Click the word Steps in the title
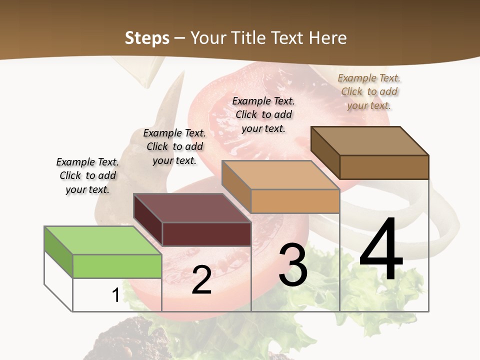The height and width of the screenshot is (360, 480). pyautogui.click(x=147, y=38)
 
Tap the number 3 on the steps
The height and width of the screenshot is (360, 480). pyautogui.click(x=293, y=264)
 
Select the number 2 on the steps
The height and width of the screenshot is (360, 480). pyautogui.click(x=201, y=280)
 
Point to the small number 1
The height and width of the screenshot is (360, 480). pyautogui.click(x=115, y=295)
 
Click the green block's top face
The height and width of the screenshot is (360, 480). pyautogui.click(x=102, y=240)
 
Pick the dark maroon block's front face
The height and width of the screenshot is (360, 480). pyautogui.click(x=206, y=234)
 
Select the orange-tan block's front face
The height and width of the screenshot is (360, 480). pyautogui.click(x=295, y=201)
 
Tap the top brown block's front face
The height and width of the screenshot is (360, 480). pyautogui.click(x=384, y=167)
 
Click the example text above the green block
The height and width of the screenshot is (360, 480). pyautogui.click(x=87, y=175)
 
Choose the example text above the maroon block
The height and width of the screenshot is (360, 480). pyautogui.click(x=174, y=146)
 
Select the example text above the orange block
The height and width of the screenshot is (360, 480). pyautogui.click(x=263, y=114)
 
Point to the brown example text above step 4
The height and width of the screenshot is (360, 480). pyautogui.click(x=369, y=91)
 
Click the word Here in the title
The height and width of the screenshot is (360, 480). pyautogui.click(x=328, y=38)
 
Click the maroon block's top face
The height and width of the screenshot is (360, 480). pyautogui.click(x=191, y=208)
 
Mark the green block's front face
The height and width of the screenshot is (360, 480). pyautogui.click(x=117, y=266)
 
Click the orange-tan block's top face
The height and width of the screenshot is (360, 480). pyautogui.click(x=280, y=175)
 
